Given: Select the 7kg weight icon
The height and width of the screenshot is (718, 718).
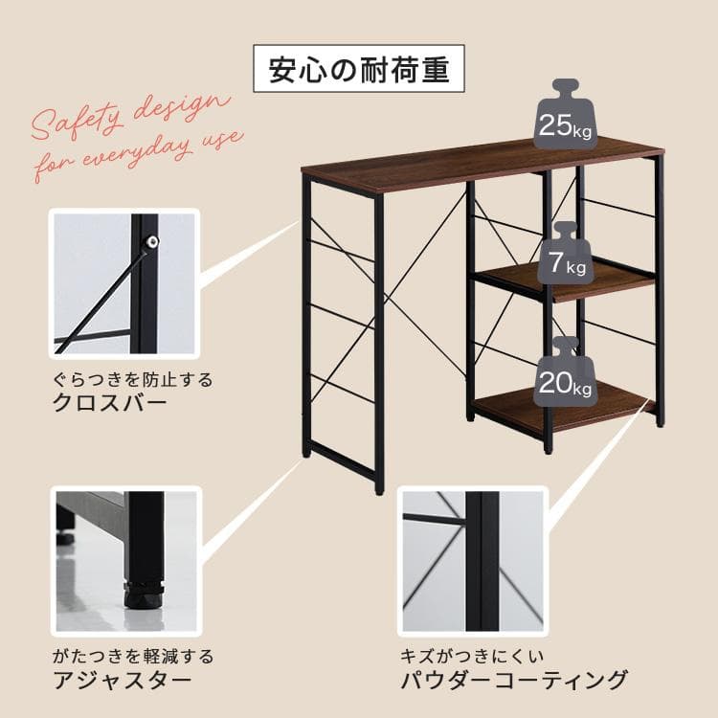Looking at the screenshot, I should coord(564,256).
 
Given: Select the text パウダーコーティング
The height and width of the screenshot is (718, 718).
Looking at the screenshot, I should coord(514,681).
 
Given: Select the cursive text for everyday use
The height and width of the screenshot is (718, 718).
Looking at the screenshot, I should coord(140,153).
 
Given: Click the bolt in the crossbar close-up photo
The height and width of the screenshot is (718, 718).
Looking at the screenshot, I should coord(150,243).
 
